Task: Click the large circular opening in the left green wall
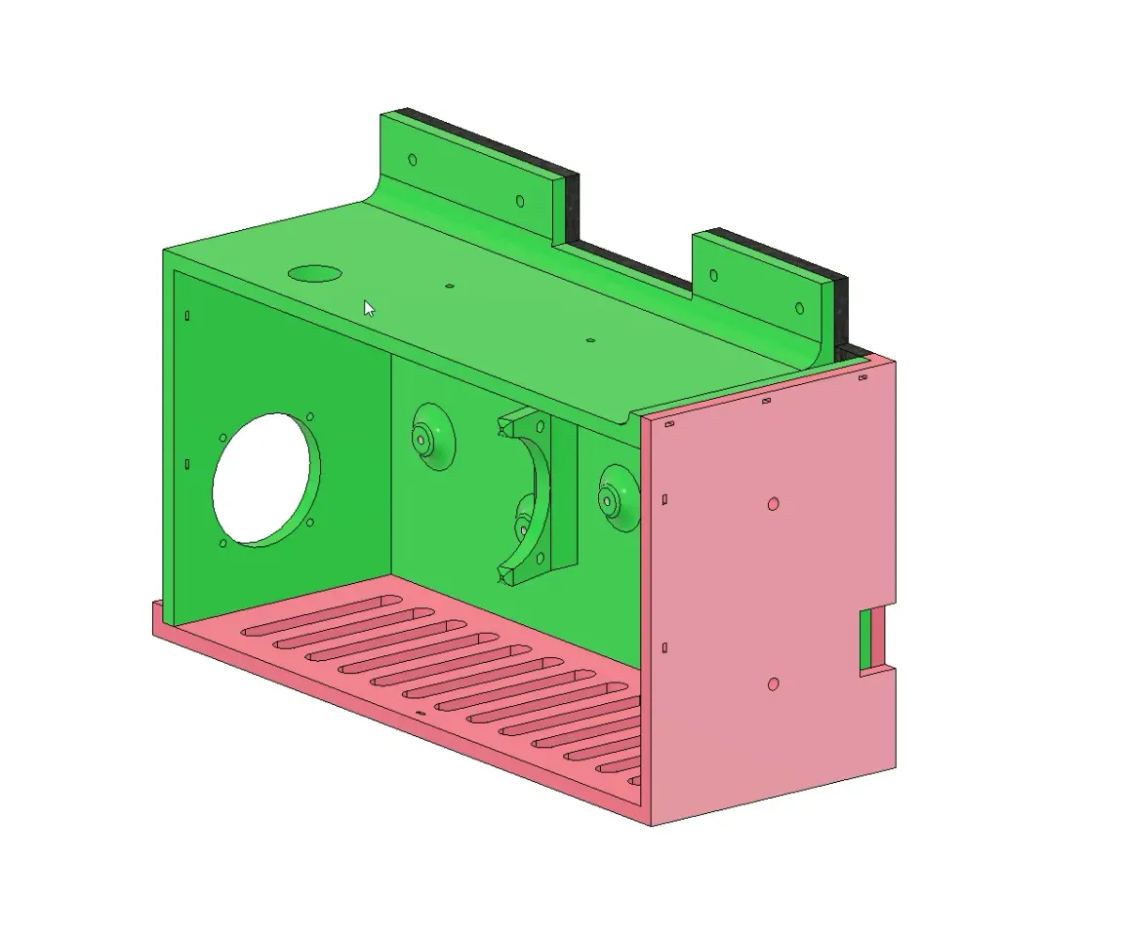pos(265,479)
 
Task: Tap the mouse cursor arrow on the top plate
pos(369,309)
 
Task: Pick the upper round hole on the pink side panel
pos(773,504)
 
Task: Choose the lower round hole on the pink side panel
pos(773,683)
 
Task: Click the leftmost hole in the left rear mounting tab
pos(412,159)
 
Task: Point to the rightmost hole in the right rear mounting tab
pos(799,309)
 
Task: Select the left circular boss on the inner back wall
pos(430,440)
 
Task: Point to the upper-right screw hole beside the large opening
pos(309,419)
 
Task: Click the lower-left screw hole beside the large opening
pos(223,543)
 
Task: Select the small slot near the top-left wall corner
pos(187,315)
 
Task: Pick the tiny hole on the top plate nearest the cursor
pos(449,287)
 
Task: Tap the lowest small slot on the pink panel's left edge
pos(664,647)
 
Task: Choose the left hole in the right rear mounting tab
pos(712,275)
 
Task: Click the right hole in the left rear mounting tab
pos(520,202)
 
